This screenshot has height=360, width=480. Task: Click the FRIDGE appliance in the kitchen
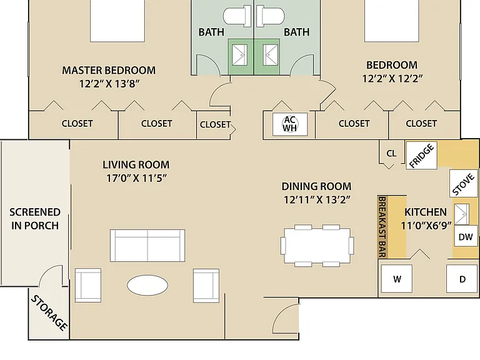(421, 156)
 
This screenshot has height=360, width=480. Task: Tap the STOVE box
(464, 184)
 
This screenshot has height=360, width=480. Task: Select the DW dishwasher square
(466, 237)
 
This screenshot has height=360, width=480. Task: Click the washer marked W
(397, 279)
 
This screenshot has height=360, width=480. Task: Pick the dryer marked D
(462, 279)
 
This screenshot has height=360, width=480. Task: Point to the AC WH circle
(289, 124)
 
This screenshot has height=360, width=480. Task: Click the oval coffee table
(147, 285)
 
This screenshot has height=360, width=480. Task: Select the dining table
(317, 245)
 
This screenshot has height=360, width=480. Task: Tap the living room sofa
(147, 245)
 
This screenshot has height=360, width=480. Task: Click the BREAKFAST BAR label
(382, 226)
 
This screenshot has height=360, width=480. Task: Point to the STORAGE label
(49, 313)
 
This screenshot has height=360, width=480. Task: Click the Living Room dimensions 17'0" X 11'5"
(136, 178)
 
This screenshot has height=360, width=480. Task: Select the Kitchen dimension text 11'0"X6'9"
(426, 226)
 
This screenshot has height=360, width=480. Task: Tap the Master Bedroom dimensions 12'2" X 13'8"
(109, 84)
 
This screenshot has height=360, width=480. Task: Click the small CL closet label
(391, 153)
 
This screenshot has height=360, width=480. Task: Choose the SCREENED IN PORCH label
(34, 219)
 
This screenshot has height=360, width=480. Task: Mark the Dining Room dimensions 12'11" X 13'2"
(317, 200)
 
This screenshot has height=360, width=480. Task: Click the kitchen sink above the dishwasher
(461, 214)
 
